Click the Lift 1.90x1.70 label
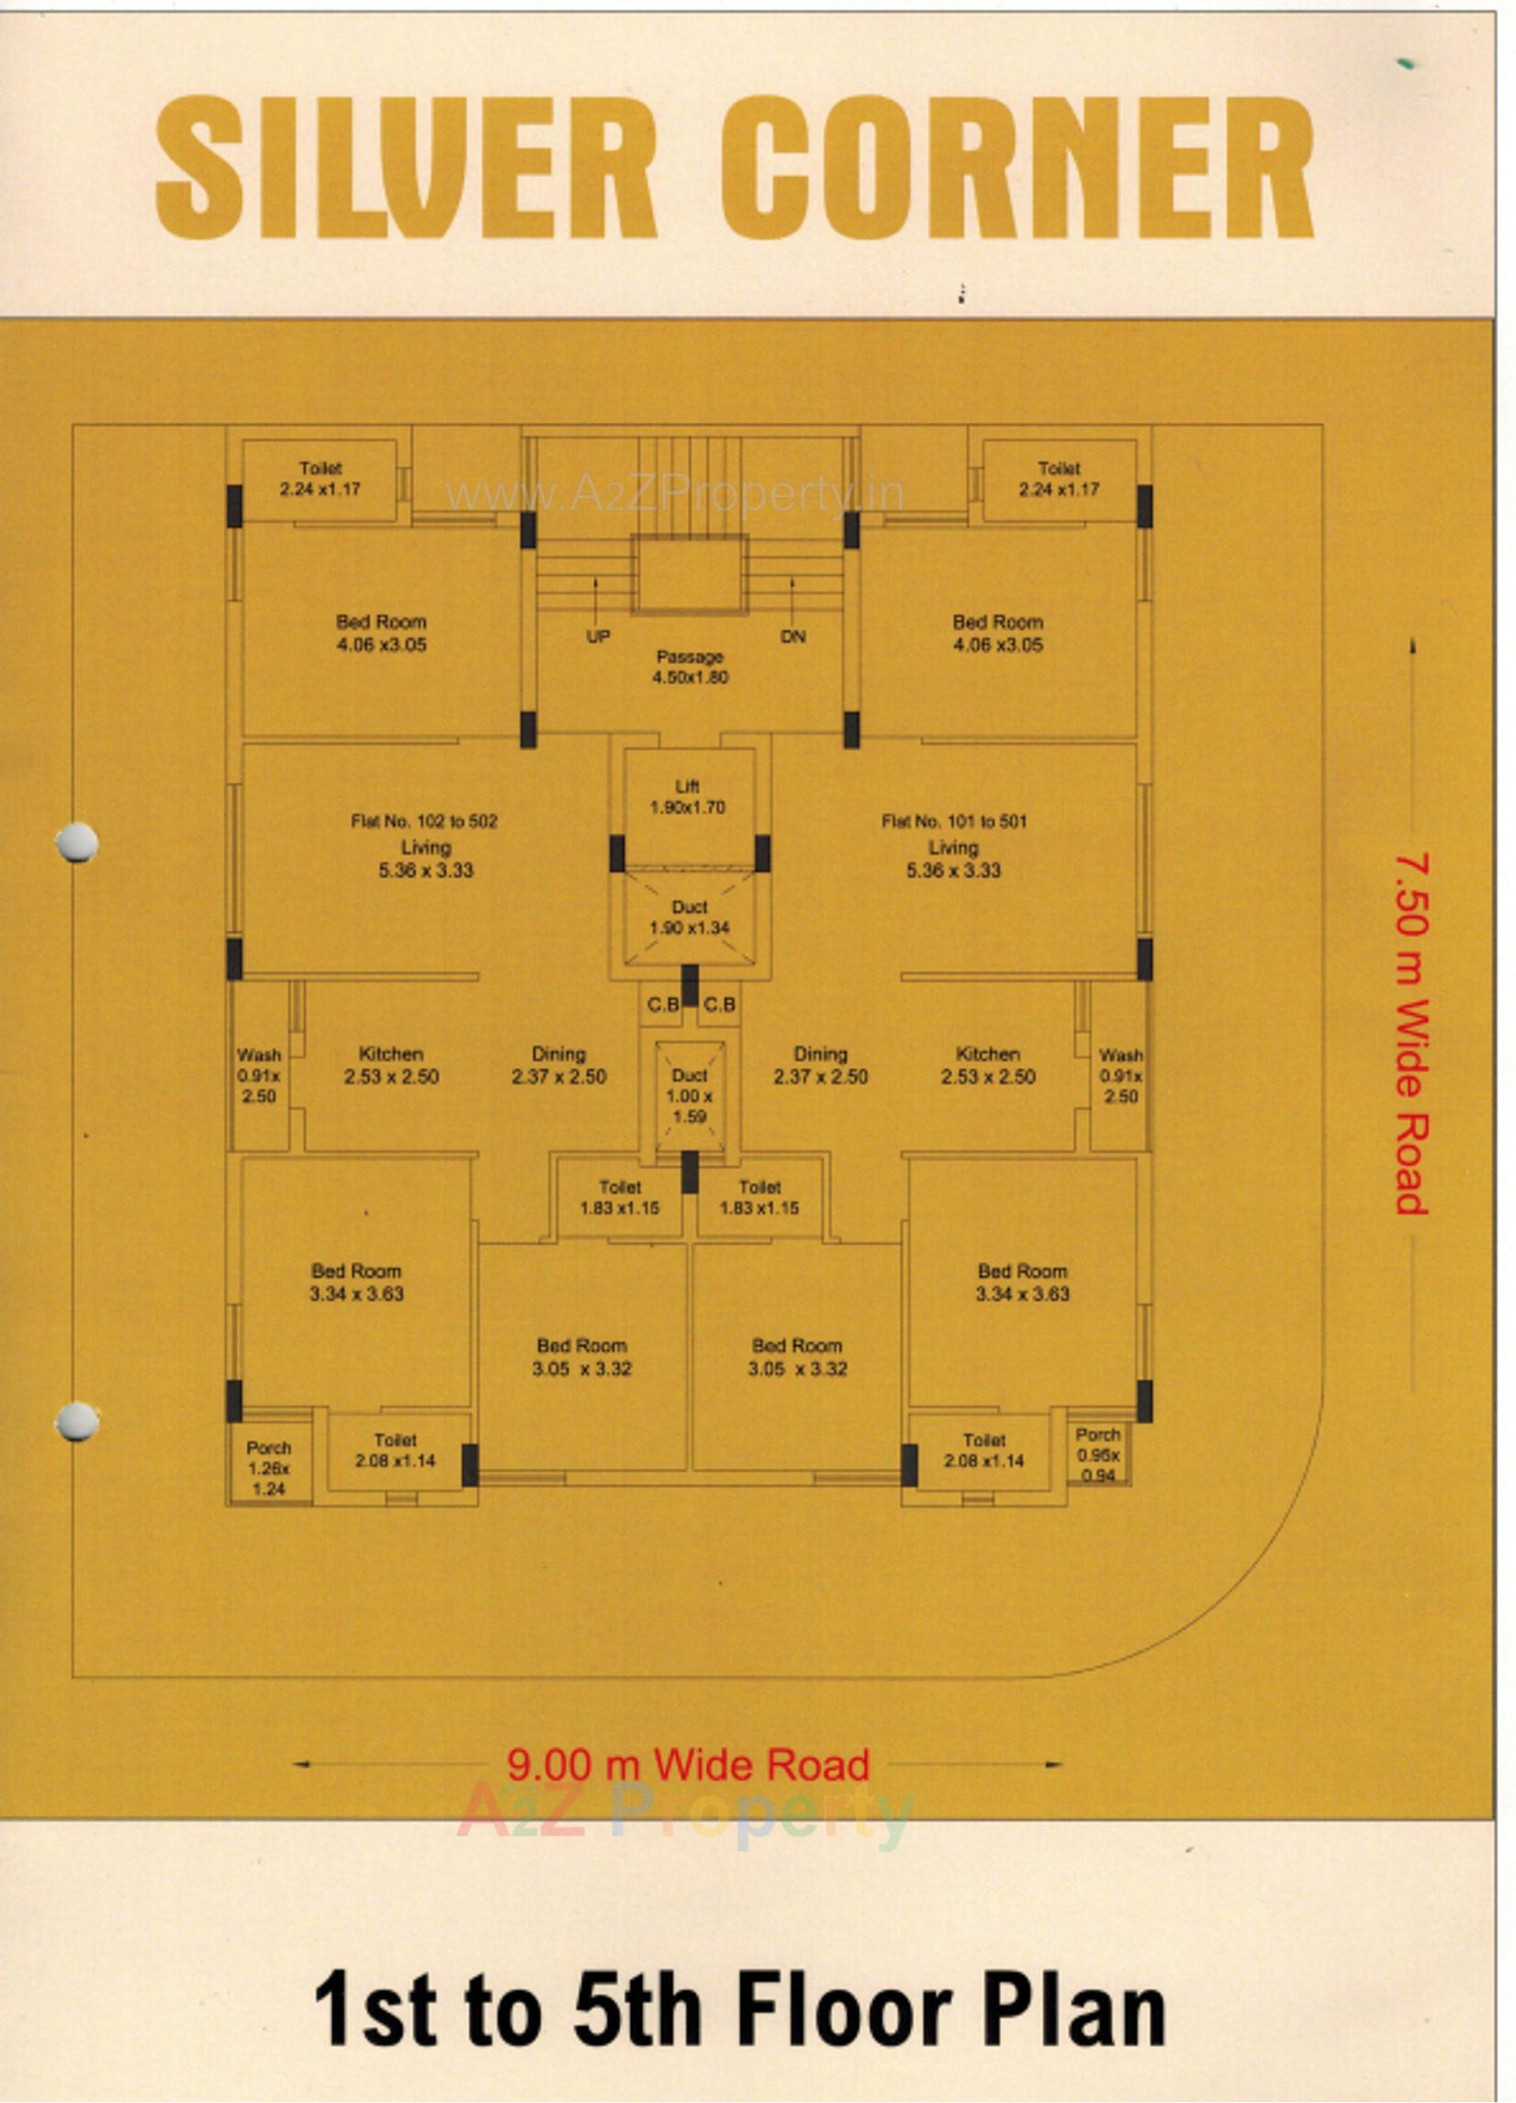coord(687,796)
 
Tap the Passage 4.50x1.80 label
coord(689,667)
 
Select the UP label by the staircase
coord(598,637)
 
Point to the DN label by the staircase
coord(792,637)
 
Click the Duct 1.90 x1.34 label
coord(689,917)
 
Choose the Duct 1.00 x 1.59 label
coord(689,1095)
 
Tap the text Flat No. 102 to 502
coord(423,821)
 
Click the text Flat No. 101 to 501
coord(954,821)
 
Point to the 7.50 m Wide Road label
coord(1411,1033)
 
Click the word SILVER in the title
coord(406,169)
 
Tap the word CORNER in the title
coord(1016,169)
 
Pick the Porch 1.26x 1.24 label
coord(269,1468)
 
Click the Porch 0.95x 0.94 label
coord(1098,1454)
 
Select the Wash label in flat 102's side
coord(259,1074)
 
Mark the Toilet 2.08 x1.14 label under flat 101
coord(983,1450)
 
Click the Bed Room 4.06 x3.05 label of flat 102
coord(381,634)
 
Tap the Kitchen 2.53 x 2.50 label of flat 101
coord(987,1065)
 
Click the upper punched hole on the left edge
coord(76,842)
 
